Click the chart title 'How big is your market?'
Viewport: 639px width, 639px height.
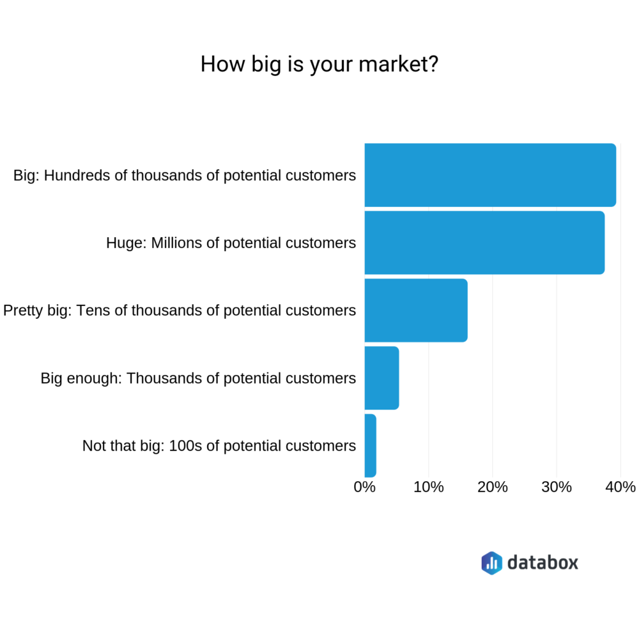(319, 65)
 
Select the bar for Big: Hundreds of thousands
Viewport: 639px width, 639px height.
(490, 175)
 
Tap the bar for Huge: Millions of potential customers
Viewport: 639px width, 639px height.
(484, 242)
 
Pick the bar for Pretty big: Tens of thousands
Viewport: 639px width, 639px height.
(416, 310)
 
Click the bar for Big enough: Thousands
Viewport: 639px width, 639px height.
(382, 378)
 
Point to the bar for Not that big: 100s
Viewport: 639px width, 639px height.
(371, 445)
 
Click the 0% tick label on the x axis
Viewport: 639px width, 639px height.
(364, 487)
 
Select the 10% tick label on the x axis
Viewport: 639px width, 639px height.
(428, 487)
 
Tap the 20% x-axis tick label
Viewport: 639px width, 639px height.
(492, 487)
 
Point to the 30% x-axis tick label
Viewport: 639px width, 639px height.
(557, 487)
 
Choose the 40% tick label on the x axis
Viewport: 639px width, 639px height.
(620, 487)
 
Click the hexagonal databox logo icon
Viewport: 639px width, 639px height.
(492, 563)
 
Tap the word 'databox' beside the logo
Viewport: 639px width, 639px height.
(543, 562)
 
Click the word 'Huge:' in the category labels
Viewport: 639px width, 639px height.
(126, 243)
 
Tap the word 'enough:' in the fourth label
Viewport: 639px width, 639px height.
(94, 379)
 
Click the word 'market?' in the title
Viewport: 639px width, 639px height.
(398, 65)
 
